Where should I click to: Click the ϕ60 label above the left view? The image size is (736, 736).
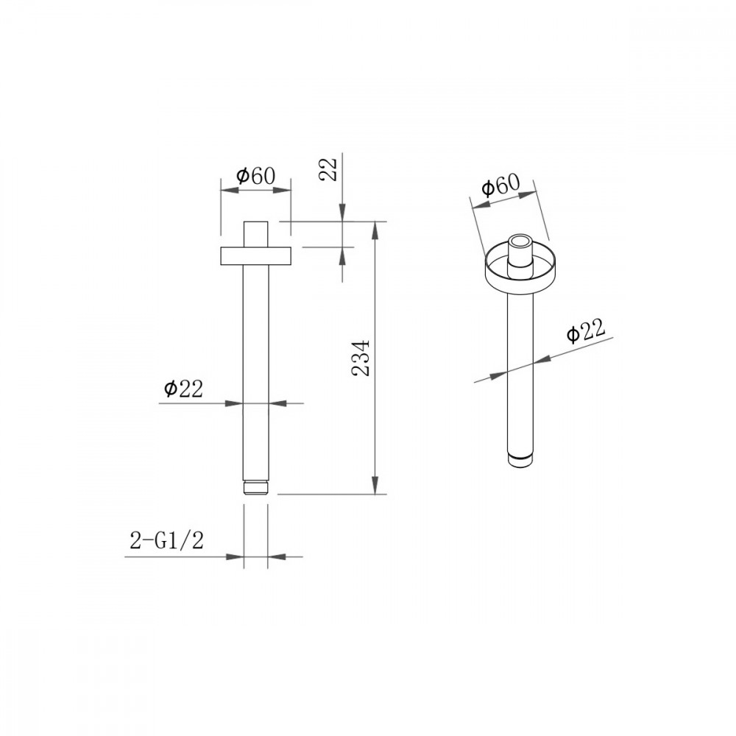tap(255, 176)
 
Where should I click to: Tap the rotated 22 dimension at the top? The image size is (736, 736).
tap(328, 169)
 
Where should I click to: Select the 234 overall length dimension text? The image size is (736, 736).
tap(361, 357)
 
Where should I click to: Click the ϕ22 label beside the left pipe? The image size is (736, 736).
tap(183, 389)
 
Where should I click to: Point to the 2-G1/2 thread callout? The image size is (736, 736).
tap(166, 541)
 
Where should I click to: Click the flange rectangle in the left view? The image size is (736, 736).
tap(255, 255)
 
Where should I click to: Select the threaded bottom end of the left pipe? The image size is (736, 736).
tap(255, 487)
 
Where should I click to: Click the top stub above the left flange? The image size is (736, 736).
tap(255, 234)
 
